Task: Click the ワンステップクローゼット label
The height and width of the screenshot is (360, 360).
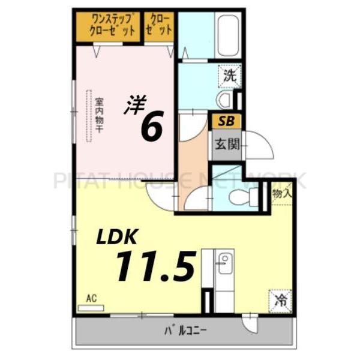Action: coord(108,25)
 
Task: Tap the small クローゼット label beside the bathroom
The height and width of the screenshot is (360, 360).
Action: coord(159,25)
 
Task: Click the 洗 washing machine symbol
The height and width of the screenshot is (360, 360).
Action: coord(229,76)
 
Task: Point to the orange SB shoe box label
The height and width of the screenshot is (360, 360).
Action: coord(226,121)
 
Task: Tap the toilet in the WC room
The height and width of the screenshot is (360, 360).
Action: coord(246,196)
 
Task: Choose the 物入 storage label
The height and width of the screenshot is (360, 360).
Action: coord(281,194)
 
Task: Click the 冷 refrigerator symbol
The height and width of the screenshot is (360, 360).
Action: coord(280,298)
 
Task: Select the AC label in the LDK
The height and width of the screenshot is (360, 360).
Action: coord(91,298)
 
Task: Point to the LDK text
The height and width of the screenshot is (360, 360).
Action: coord(118,236)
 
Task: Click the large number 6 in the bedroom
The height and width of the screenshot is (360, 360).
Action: coord(151,127)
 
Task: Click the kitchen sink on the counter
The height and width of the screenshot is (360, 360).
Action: coord(224,265)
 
